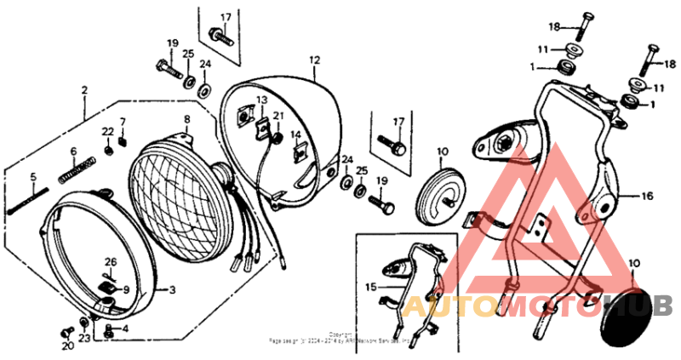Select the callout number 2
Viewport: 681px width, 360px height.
pyautogui.click(x=84, y=89)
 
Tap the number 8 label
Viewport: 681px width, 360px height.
pyautogui.click(x=186, y=119)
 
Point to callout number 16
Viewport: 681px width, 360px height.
pyautogui.click(x=648, y=196)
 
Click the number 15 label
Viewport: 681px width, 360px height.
pyautogui.click(x=369, y=287)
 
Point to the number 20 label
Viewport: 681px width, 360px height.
pyautogui.click(x=67, y=346)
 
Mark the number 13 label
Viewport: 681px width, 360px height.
pyautogui.click(x=262, y=100)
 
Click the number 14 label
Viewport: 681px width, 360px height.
pyautogui.click(x=296, y=134)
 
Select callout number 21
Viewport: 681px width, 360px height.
pyautogui.click(x=278, y=116)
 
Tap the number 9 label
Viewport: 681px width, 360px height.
pyautogui.click(x=126, y=289)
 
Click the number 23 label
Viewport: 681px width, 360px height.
pyautogui.click(x=84, y=339)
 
